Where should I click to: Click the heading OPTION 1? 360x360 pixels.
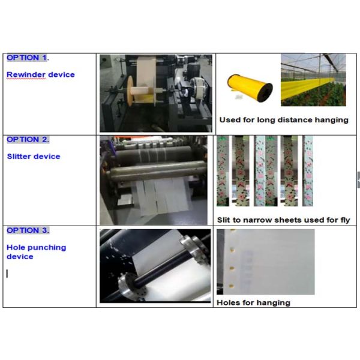click(28, 58)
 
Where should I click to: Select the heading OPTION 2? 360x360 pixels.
click(28, 140)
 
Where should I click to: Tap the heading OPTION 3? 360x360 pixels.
click(28, 230)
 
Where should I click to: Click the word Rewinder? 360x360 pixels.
click(26, 74)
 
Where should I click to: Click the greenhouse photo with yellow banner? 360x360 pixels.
click(313, 80)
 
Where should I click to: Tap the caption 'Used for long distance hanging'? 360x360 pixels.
click(284, 120)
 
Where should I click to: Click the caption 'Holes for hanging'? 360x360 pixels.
click(253, 302)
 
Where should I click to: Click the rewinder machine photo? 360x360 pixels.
click(156, 93)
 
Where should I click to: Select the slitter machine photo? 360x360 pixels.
click(154, 180)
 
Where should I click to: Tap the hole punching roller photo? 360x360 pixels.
click(155, 266)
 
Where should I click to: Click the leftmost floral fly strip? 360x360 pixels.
click(223, 171)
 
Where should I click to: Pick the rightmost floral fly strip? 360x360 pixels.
click(308, 171)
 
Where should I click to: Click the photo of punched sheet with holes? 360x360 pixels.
click(266, 262)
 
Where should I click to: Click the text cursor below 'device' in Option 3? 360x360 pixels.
click(7, 274)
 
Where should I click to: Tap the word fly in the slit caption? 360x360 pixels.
click(346, 220)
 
